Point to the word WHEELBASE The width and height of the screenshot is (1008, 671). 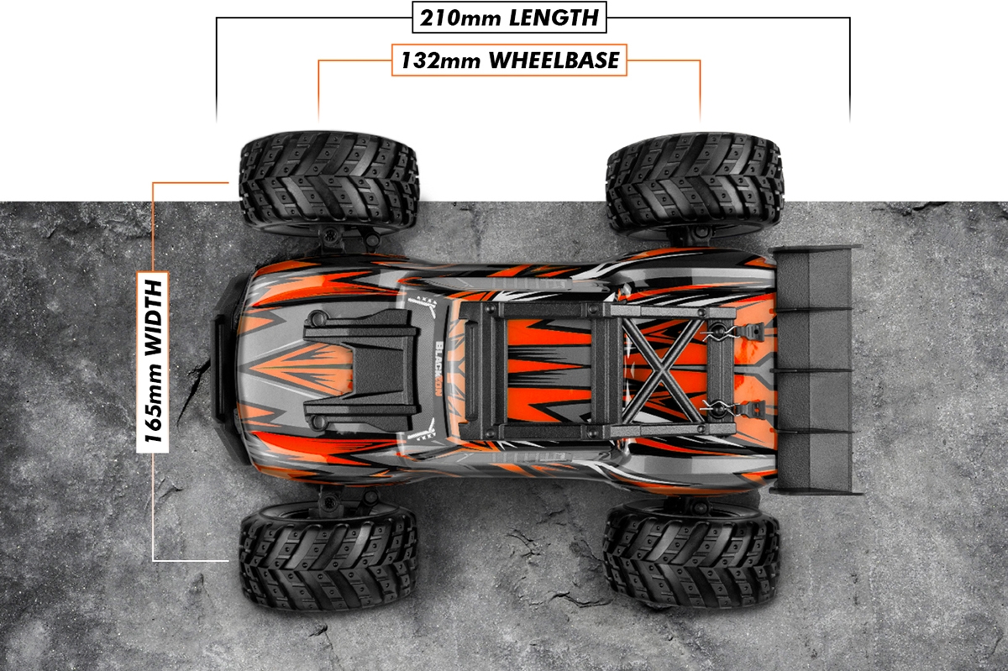[554, 60]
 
